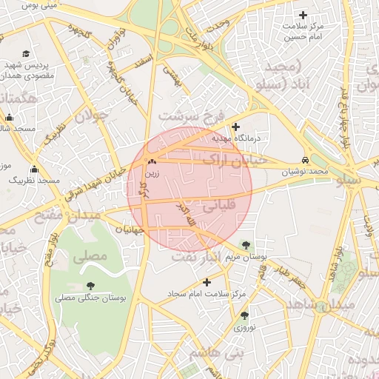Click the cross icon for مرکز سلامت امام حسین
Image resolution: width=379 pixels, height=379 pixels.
coord(303,16)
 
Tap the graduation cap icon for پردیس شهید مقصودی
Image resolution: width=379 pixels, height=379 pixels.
coord(27,53)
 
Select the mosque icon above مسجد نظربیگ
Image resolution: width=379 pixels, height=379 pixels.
coord(34,170)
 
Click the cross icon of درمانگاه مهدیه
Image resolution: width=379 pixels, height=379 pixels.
coord(236,127)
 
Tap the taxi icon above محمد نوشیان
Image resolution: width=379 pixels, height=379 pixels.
coord(305,160)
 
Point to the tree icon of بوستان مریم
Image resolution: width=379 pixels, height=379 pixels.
coord(246,245)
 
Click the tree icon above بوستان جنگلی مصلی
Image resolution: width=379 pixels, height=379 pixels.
coord(90,286)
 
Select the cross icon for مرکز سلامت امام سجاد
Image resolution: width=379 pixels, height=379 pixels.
coord(207,282)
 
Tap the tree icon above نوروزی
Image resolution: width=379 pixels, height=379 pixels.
coord(244,316)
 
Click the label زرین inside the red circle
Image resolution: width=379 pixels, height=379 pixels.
coord(152,173)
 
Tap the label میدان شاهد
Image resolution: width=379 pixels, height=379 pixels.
coord(332,305)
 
